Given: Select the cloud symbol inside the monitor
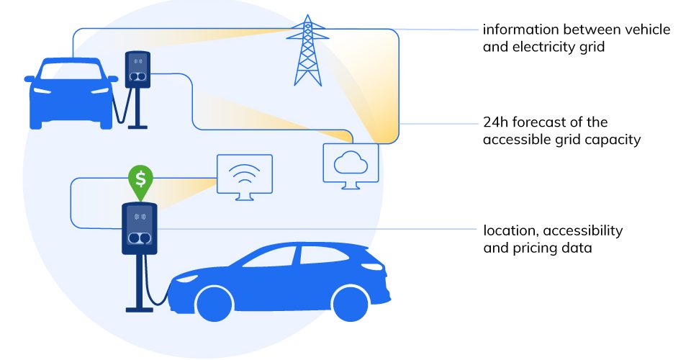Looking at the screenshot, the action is pyautogui.click(x=351, y=163).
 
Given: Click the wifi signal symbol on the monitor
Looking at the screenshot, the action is pyautogui.click(x=245, y=175).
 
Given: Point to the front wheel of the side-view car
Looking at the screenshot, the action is pyautogui.click(x=214, y=304).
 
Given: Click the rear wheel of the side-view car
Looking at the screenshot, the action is pyautogui.click(x=351, y=303).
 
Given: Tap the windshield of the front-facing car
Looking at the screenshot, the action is pyautogui.click(x=71, y=71).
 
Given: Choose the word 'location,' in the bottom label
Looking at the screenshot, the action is pyautogui.click(x=511, y=230).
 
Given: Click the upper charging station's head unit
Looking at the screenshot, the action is pyautogui.click(x=138, y=70).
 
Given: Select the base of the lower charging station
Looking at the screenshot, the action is pyautogui.click(x=139, y=310).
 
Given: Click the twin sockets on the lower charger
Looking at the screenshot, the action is pyautogui.click(x=139, y=238).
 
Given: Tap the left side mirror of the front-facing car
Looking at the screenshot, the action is pyautogui.click(x=29, y=79).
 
